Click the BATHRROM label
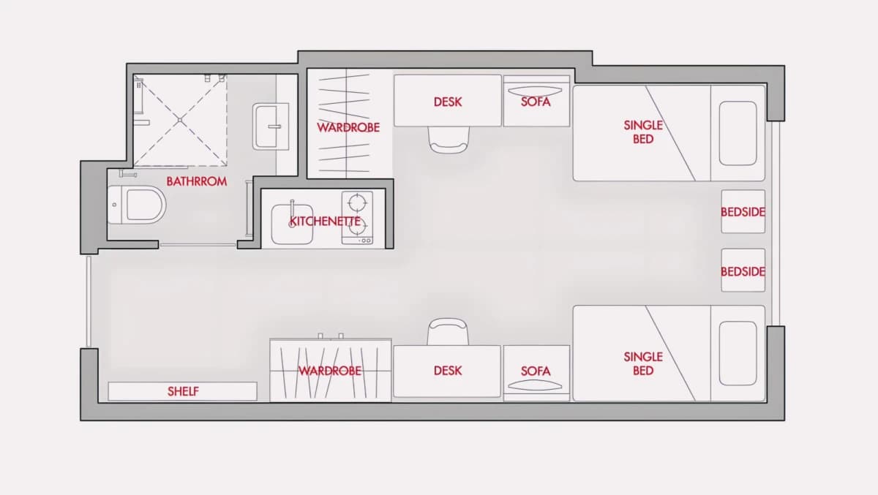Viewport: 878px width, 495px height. (x=196, y=181)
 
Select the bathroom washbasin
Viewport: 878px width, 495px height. (x=271, y=126)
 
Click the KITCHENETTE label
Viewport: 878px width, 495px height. (x=325, y=222)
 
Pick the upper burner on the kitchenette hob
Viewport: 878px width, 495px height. (x=358, y=203)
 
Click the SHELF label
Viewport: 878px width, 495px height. (x=183, y=391)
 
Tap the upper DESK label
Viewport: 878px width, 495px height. (x=448, y=102)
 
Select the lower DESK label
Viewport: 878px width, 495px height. (x=448, y=371)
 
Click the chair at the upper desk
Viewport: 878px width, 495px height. (x=449, y=140)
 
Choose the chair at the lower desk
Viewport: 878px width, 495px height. (x=448, y=332)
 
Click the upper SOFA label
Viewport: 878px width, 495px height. (x=536, y=102)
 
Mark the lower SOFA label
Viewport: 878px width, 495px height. (x=536, y=371)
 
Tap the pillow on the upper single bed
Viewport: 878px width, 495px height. (x=738, y=133)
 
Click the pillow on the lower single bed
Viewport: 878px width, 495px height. (x=738, y=353)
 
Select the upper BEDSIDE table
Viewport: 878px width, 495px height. (x=743, y=211)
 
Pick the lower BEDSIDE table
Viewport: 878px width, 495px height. (x=743, y=271)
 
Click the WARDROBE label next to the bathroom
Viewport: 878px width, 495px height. (x=348, y=127)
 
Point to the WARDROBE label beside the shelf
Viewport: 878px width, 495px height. (x=330, y=371)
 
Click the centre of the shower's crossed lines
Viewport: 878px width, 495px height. (x=180, y=120)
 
